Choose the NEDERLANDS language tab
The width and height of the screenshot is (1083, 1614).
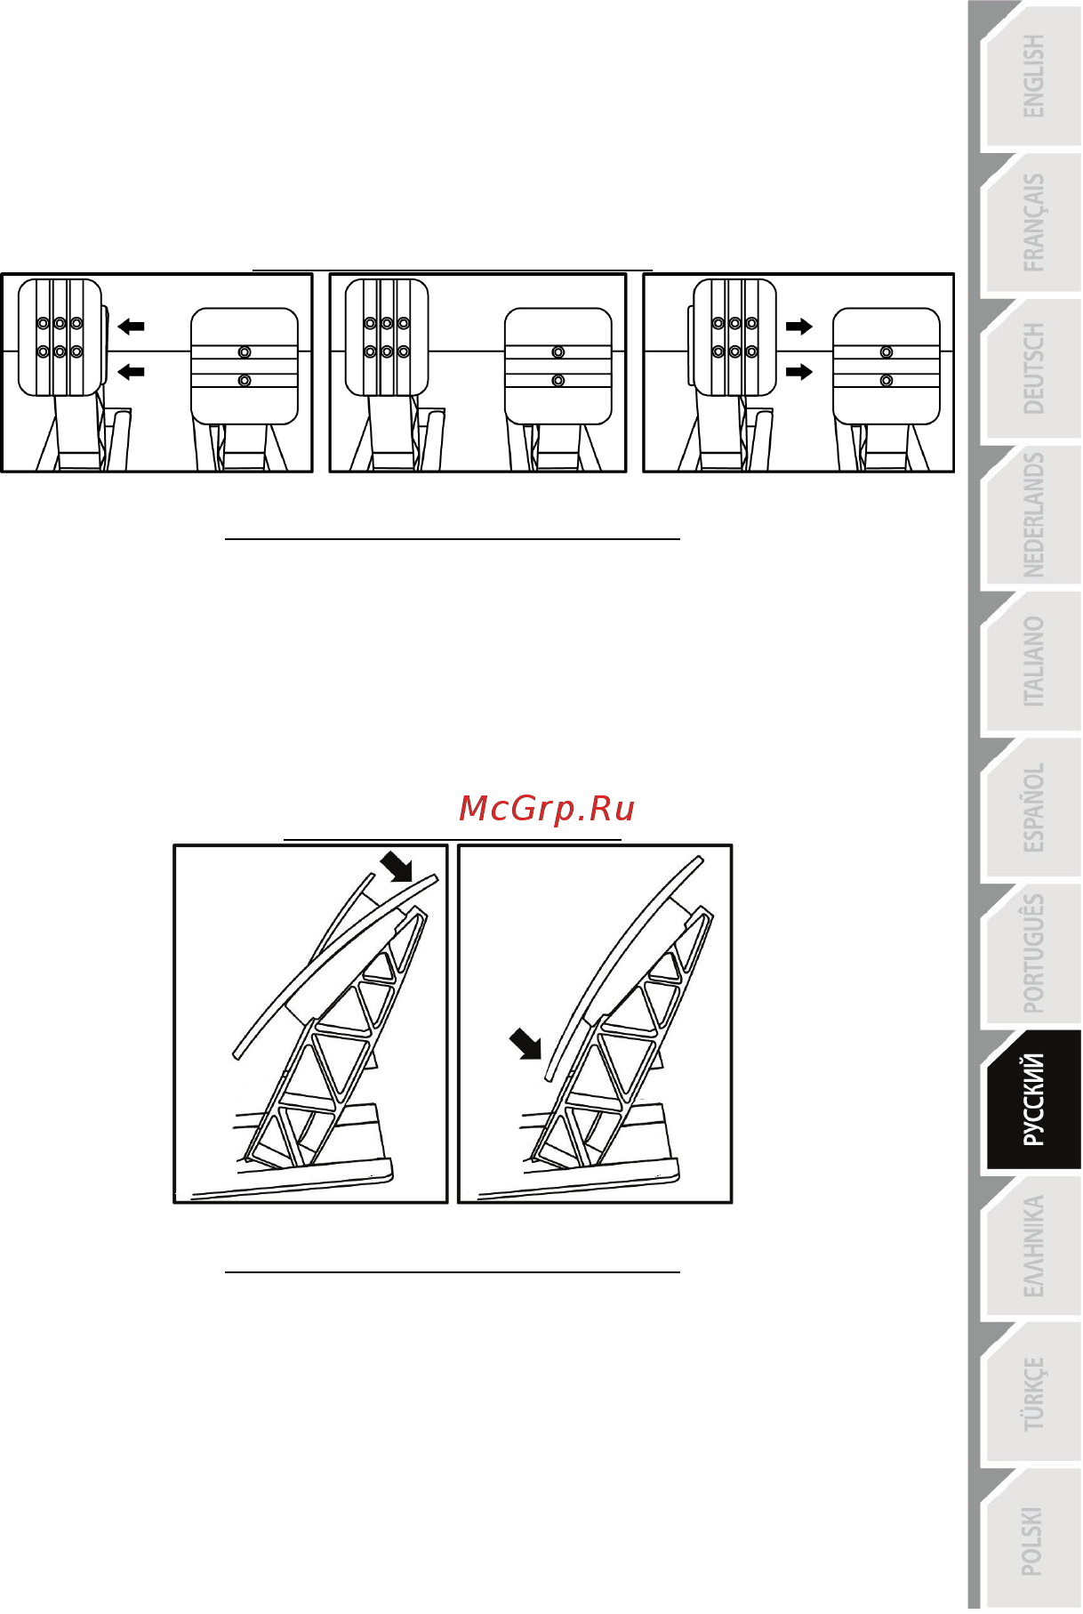1031,516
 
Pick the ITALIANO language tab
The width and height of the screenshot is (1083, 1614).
1031,663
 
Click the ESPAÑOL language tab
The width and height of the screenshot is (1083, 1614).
1031,810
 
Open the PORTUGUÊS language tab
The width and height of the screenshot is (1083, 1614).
1031,956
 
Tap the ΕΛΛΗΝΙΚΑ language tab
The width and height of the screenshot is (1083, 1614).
1031,1247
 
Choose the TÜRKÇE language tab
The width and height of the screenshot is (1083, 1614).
1031,1394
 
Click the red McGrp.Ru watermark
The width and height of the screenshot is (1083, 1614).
547,810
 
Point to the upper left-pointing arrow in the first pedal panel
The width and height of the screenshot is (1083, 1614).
131,327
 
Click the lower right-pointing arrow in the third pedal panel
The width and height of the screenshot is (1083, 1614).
799,371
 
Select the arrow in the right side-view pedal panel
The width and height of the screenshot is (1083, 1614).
525,1044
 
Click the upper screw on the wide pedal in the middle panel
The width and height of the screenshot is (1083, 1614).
558,352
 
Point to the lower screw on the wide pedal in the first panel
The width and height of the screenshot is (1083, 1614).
245,381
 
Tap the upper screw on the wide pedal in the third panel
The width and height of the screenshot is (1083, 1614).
886,352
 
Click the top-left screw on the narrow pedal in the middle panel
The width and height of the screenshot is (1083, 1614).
370,324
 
